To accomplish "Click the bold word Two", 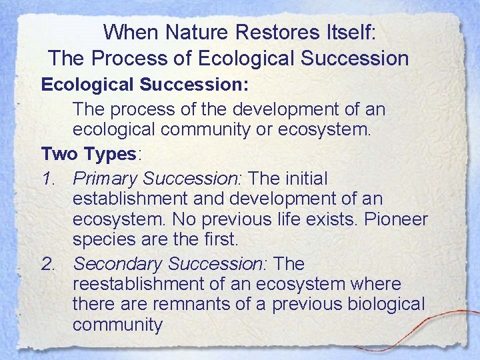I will (x=60, y=154).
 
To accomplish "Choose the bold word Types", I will (x=109, y=154).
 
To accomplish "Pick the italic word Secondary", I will (x=117, y=264).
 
